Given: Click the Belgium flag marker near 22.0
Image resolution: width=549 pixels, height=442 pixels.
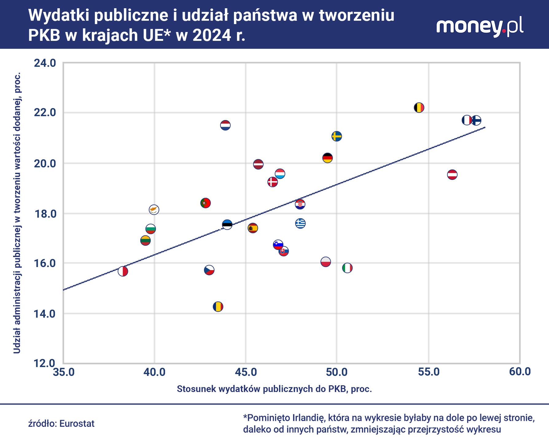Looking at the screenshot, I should click(419, 108).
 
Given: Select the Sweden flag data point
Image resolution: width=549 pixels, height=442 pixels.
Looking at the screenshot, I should click(337, 136).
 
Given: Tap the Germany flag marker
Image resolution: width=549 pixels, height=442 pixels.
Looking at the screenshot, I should click(328, 158).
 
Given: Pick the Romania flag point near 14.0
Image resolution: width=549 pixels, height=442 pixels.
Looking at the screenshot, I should click(218, 307).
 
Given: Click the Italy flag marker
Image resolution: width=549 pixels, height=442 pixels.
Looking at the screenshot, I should click(347, 268).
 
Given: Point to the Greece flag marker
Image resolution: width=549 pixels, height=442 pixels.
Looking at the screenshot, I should click(300, 223).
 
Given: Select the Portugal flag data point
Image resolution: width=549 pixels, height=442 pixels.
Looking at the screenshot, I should click(205, 203).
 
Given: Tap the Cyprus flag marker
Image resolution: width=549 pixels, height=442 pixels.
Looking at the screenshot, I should click(154, 210).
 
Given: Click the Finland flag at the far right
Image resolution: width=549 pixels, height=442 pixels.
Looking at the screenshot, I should click(476, 120).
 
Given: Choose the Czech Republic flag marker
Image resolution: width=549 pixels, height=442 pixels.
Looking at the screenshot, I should click(209, 270).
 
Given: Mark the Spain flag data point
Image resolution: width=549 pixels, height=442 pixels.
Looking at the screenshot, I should click(253, 228).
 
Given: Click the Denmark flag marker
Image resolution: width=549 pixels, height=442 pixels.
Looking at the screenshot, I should click(272, 182).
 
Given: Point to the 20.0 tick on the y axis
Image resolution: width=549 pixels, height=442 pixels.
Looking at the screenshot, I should click(45, 164).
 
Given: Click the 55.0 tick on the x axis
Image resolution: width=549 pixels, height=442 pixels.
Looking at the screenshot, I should click(429, 372).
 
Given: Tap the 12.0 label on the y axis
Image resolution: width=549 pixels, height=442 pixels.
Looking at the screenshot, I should click(45, 363).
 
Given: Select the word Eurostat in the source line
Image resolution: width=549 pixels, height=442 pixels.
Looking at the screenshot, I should click(77, 424).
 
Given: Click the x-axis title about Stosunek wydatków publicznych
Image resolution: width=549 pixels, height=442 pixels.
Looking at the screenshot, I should click(274, 389).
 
